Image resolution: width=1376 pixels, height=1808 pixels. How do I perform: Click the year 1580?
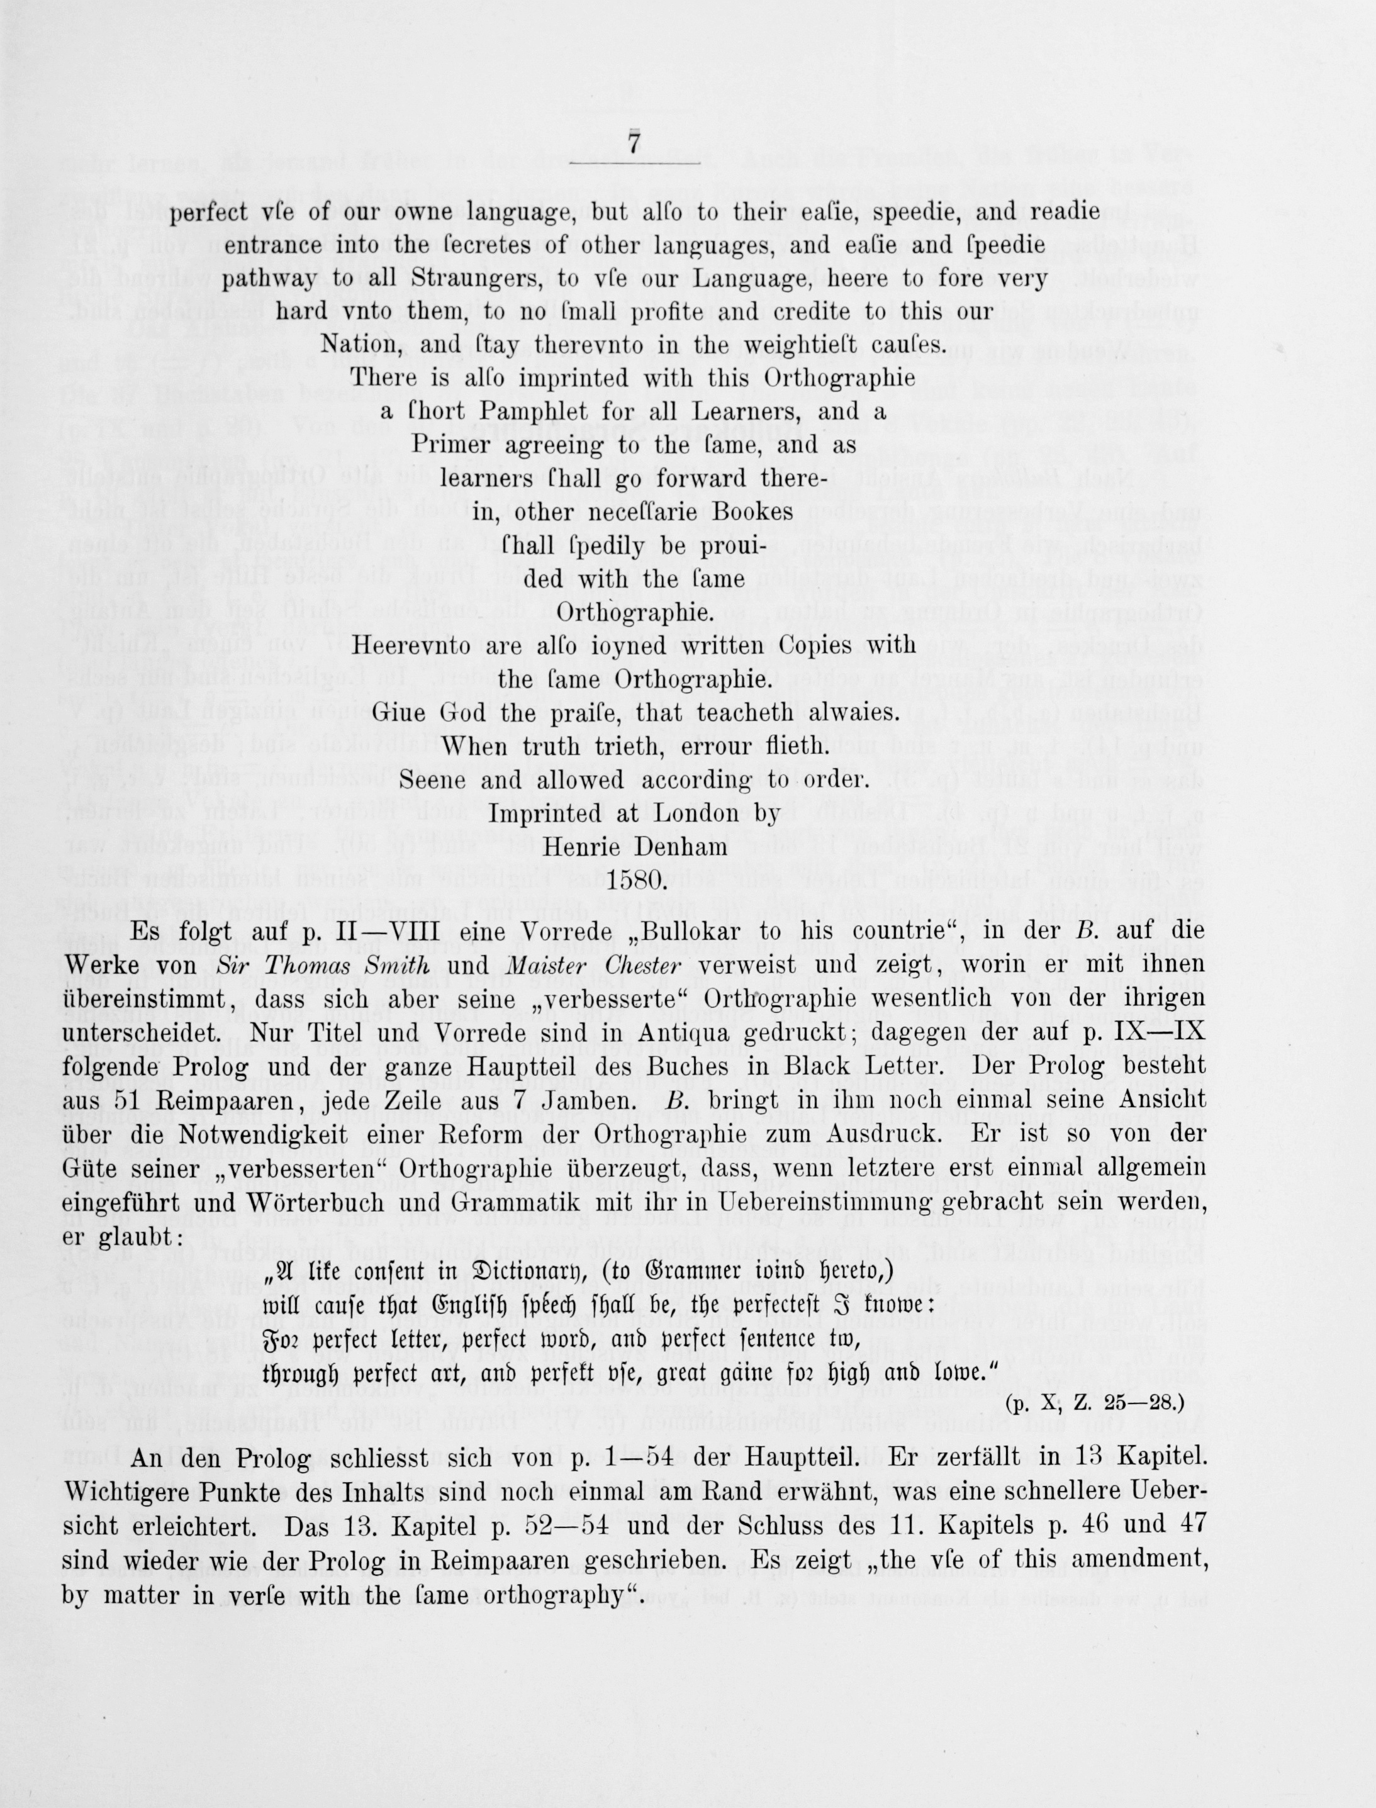click(634, 881)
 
